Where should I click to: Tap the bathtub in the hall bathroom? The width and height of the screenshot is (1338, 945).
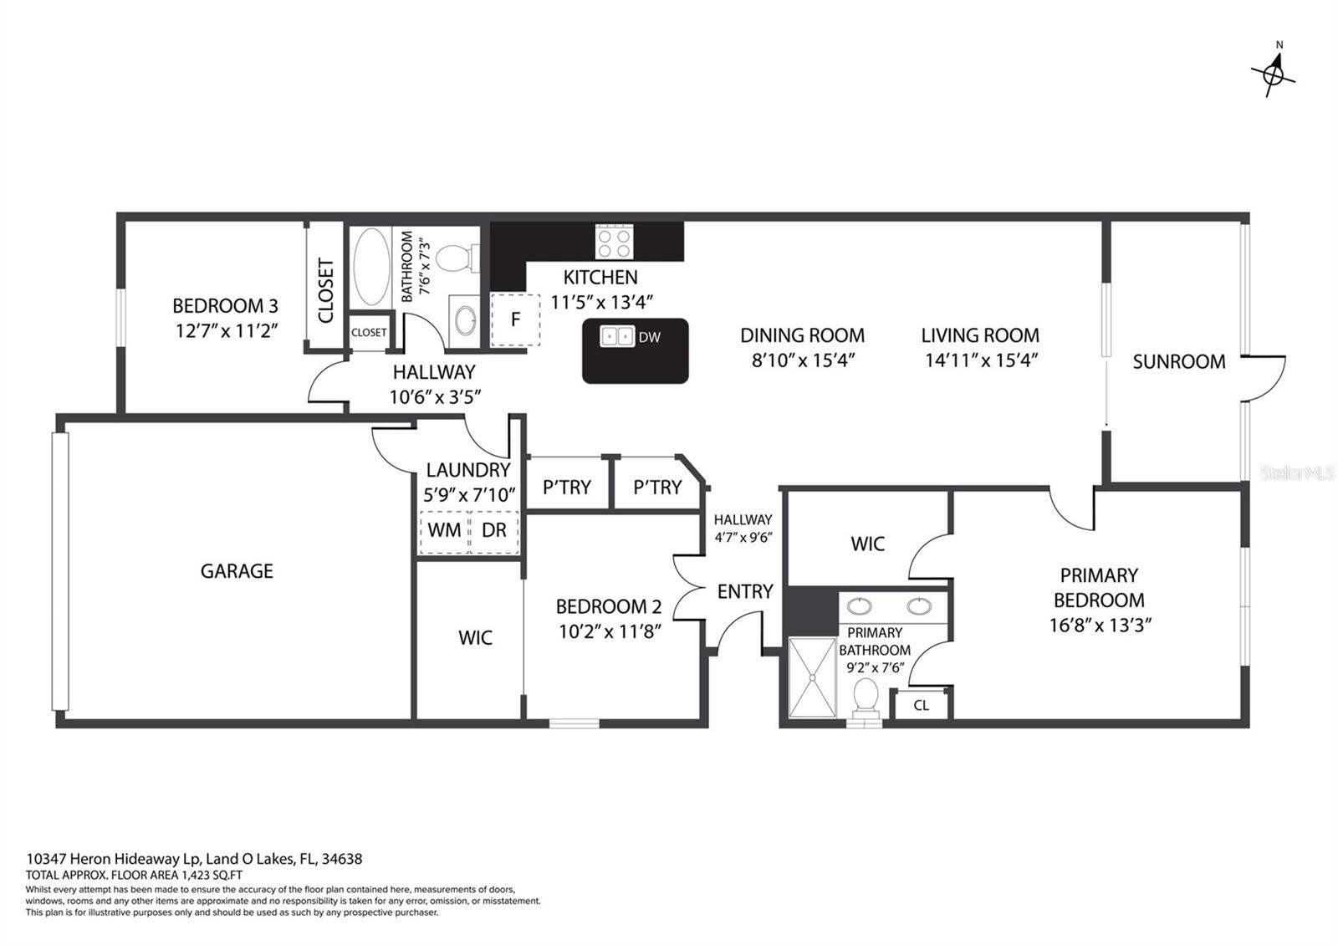tap(371, 267)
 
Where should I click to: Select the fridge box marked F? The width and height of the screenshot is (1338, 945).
tap(515, 319)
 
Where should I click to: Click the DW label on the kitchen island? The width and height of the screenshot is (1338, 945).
tap(649, 338)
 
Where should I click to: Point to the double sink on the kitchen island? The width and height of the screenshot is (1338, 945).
tap(617, 336)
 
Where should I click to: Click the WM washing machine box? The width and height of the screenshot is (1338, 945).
tap(444, 530)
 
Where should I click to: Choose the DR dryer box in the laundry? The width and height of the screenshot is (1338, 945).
tap(494, 530)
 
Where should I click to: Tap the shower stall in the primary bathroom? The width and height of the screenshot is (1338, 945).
tap(812, 677)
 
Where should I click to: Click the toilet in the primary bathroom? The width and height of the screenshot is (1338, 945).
tap(866, 698)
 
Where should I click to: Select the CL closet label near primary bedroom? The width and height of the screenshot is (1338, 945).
tap(921, 706)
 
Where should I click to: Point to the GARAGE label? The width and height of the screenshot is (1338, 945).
tap(237, 571)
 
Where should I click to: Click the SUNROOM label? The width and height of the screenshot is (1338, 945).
tap(1179, 361)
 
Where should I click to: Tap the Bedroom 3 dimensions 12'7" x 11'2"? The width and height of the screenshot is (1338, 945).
tap(227, 331)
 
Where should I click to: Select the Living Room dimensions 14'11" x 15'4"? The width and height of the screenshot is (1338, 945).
tap(982, 360)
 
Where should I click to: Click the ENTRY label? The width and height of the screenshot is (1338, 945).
tap(745, 591)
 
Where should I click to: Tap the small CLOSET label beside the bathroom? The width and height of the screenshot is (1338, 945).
tap(369, 332)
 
